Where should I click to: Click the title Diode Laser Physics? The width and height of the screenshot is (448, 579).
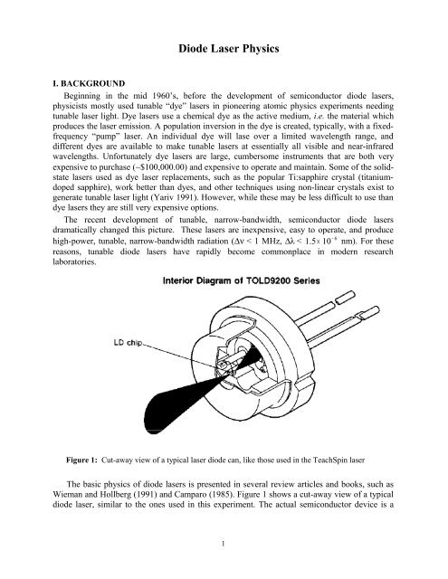(x=229, y=49)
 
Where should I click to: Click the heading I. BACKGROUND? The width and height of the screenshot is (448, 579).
(x=89, y=83)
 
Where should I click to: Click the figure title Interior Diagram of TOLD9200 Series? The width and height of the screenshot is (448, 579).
(x=241, y=280)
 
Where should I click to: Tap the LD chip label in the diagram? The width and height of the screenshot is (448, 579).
(x=128, y=343)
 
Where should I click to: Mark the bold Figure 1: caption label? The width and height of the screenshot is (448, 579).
(x=82, y=460)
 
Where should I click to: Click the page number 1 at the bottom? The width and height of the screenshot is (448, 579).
(x=223, y=543)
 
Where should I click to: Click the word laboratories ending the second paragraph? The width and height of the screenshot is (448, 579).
(x=74, y=261)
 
